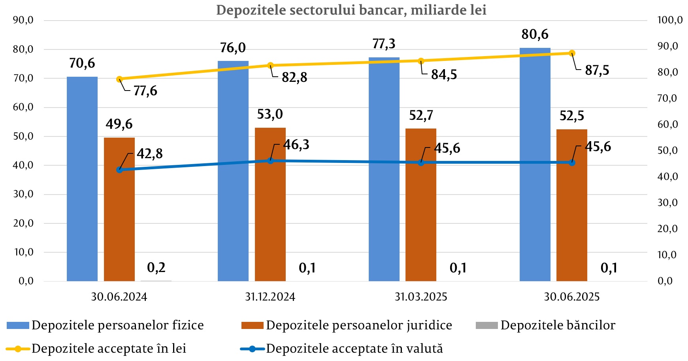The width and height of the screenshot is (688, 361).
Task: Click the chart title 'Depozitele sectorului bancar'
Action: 351,10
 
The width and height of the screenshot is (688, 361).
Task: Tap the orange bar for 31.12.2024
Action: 270,204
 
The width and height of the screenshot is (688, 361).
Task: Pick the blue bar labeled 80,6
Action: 535,164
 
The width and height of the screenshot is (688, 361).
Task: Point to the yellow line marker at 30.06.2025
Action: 572,53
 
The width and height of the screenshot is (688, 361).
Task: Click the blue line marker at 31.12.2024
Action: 270,161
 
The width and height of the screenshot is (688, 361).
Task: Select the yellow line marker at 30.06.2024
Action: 119,79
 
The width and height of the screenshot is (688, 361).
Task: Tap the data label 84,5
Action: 444,75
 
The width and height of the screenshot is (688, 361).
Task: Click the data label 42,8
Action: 149,153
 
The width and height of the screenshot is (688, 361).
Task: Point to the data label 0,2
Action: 156,268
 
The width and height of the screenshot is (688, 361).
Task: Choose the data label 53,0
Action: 270,114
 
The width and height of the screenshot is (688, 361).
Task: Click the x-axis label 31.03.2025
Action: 421,297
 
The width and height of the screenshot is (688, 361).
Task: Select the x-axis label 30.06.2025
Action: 571,297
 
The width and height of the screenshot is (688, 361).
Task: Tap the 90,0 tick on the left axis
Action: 23,20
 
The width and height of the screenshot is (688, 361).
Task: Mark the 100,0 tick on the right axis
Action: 669,20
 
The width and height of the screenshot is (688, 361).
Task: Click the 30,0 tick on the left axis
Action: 23,194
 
